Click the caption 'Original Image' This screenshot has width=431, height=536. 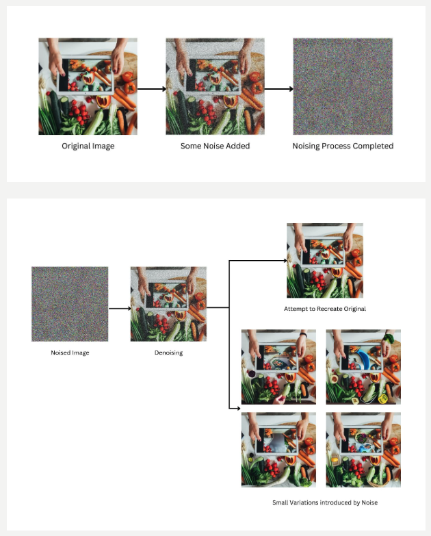pos(88,146)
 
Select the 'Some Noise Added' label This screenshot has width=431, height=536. pos(215,146)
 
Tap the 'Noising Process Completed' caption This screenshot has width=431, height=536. pos(343,146)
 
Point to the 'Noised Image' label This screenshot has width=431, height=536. pos(70,353)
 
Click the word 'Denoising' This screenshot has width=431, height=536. pos(169,353)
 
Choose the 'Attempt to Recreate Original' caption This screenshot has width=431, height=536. pos(325,309)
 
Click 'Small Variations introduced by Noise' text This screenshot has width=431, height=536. pos(325,502)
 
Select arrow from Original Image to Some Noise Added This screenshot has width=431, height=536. pos(152,89)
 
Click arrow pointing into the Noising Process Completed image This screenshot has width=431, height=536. pos(278,89)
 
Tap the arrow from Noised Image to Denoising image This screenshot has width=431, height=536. pos(120,309)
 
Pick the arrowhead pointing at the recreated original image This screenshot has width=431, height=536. pos(285,261)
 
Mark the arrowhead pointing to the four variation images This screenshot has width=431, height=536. pos(238,408)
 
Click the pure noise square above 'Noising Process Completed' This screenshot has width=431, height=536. pos(343,86)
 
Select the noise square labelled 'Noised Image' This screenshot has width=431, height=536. pos(70,304)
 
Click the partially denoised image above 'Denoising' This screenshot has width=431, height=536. pos(168,304)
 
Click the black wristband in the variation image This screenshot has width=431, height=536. pos(303,335)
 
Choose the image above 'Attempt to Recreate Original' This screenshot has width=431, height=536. pos(325,261)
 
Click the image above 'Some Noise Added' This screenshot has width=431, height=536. pos(215,86)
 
